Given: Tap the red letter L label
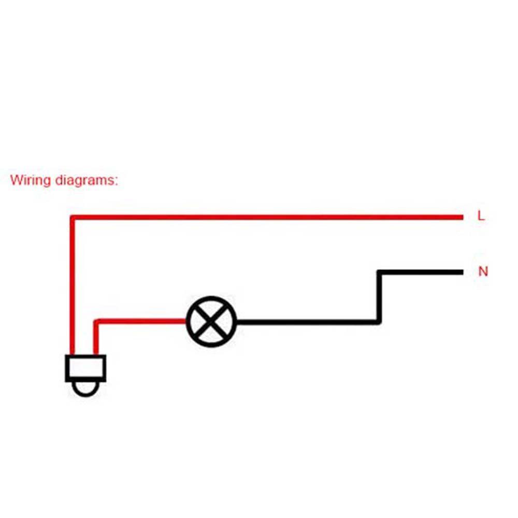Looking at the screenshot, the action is point(481,217).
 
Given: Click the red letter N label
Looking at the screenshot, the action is point(483,271).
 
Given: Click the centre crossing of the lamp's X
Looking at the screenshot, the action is point(211,322).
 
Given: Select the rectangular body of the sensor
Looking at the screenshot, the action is point(85,368).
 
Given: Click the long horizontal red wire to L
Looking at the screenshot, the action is point(269,217).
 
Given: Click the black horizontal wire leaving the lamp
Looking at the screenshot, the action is point(306,322).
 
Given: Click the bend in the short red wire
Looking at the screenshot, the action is point(96,322).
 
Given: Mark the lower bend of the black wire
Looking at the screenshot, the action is point(379,322).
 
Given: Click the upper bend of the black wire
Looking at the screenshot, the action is point(379,272).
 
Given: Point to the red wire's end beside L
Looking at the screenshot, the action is point(461,217).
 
